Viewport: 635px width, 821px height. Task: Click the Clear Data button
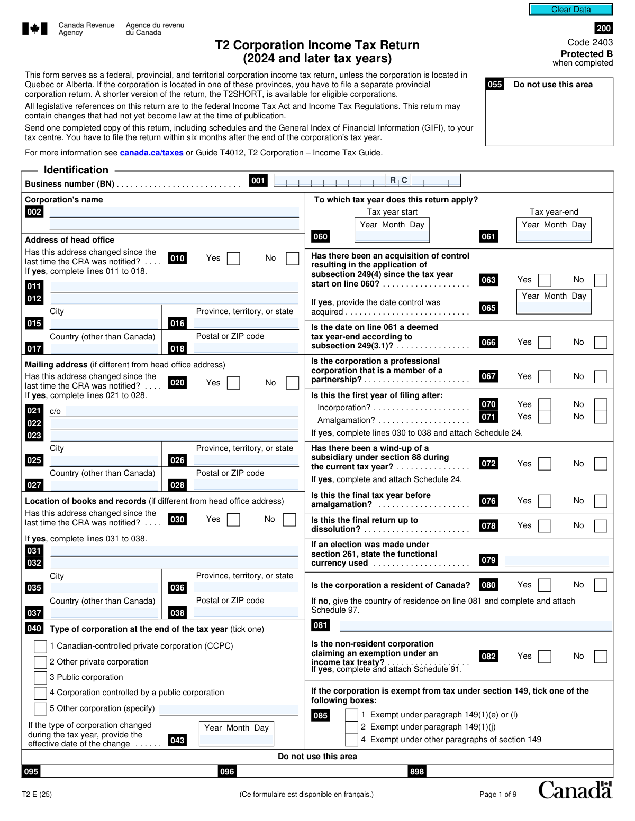pos(571,10)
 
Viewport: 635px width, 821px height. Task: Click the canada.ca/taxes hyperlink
pos(151,153)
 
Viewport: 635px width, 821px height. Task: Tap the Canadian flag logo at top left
pos(35,29)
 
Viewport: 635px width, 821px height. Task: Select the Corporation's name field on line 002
pos(174,213)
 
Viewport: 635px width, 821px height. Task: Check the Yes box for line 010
pos(233,259)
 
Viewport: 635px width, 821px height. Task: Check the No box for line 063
pos(600,280)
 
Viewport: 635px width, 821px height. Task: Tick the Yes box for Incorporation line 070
pos(545,405)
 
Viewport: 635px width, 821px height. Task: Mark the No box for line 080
pos(600,585)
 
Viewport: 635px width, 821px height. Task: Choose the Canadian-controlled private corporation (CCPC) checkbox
pos(40,647)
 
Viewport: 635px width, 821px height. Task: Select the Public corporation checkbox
pos(40,678)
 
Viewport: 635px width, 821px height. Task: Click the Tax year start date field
pos(392,236)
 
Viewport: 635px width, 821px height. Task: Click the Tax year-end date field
pos(554,236)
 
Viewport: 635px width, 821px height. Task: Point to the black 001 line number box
pos(258,181)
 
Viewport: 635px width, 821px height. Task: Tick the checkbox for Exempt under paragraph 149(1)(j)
pos(351,727)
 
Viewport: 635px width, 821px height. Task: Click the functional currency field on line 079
pos(557,560)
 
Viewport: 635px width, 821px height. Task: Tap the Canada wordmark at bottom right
pos(575,790)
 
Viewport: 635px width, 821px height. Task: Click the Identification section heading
pos(76,170)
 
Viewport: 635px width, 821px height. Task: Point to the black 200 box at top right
pos(603,29)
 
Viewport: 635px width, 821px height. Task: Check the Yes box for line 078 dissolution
pos(545,526)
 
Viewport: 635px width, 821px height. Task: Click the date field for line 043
pos(236,740)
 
